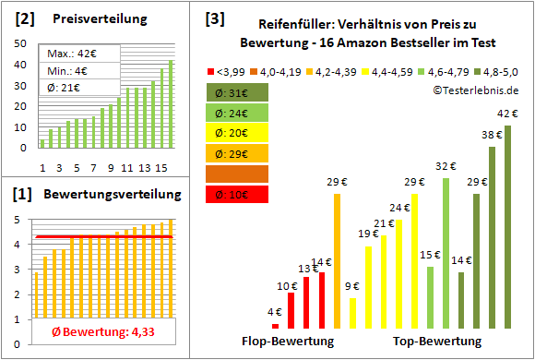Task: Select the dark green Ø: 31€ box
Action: click(237, 92)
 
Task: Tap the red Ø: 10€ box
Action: click(237, 194)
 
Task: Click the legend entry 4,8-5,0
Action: click(503, 68)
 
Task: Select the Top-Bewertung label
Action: click(437, 341)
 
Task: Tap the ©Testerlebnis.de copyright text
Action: click(473, 90)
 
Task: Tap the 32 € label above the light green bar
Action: click(446, 166)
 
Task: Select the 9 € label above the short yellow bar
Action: click(352, 287)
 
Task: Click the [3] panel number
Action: click(215, 18)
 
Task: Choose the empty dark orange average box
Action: click(237, 174)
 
